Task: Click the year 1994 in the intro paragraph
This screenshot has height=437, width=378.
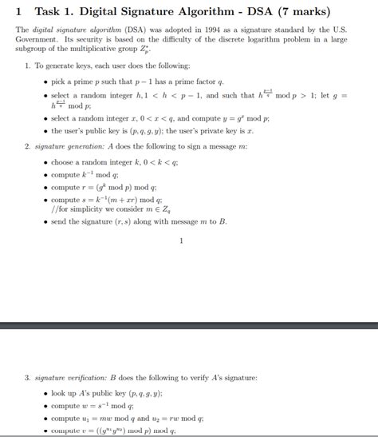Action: pos(217,30)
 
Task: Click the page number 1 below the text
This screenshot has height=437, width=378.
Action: pos(182,240)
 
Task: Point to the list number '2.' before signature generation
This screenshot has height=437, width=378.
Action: pos(27,146)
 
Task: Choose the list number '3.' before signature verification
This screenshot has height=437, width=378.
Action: pos(27,376)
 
